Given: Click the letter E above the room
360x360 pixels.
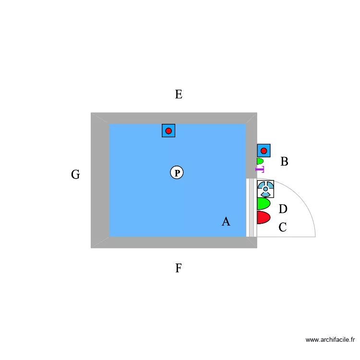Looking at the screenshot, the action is (179, 95).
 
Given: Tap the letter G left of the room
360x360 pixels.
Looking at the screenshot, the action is (75, 175).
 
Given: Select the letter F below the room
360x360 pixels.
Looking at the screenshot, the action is (179, 268).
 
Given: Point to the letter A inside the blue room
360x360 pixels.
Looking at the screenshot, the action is (226, 222).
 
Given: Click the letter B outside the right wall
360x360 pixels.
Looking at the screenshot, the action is (284, 161).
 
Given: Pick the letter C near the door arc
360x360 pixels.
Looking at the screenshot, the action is (283, 228).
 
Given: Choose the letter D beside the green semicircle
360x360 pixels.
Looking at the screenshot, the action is (283, 209).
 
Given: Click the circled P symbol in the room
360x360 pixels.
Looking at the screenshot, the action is (177, 172).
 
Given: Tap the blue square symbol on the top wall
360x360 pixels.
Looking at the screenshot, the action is (168, 131).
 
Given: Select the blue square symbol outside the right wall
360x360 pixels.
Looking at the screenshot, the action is (264, 151).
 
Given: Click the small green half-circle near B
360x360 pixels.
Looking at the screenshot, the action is (260, 161).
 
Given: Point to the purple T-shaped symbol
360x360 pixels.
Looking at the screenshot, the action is (260, 169).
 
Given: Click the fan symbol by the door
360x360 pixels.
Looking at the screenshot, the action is (265, 189).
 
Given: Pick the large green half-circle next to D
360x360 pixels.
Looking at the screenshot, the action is (264, 204).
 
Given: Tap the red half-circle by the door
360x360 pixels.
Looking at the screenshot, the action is (264, 217).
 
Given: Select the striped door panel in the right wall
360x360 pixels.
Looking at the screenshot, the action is (252, 207).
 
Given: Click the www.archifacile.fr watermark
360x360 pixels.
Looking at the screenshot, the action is (330, 339).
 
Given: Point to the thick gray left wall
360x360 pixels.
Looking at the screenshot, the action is (100, 180).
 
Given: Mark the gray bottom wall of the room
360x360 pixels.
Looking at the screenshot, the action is (174, 242).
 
